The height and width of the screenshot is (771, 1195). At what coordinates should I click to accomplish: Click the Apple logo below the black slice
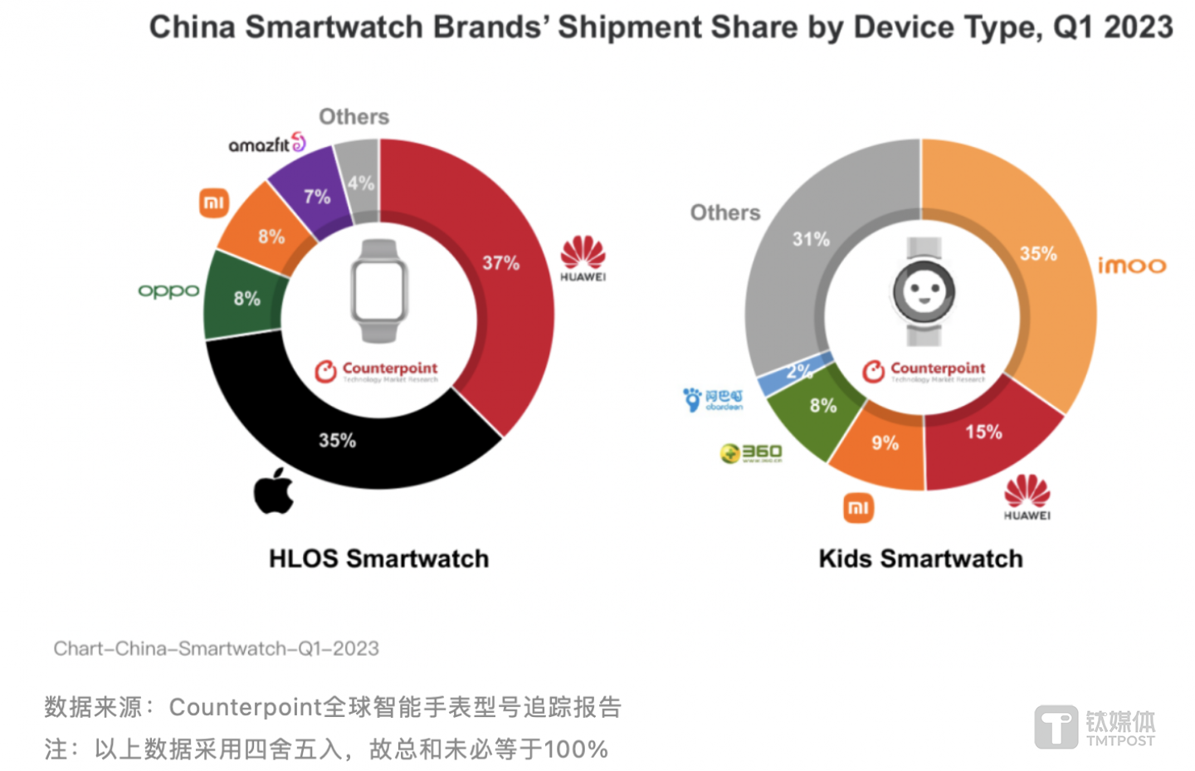pyautogui.click(x=274, y=490)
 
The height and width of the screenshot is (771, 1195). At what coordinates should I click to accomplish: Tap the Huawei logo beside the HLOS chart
pyautogui.click(x=583, y=258)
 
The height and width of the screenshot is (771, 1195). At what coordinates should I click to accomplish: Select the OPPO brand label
pyautogui.click(x=168, y=290)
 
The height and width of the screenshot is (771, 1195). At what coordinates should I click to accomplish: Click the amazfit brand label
pyautogui.click(x=266, y=144)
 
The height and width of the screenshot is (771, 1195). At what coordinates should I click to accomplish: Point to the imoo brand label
pyautogui.click(x=1132, y=266)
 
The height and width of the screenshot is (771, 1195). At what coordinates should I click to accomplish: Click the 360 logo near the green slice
pyautogui.click(x=751, y=452)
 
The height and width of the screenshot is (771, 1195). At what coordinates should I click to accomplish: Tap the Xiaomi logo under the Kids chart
pyautogui.click(x=858, y=508)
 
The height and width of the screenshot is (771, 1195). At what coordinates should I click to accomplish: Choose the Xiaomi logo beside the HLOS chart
pyautogui.click(x=214, y=203)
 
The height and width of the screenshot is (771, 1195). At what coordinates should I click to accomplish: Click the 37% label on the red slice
pyautogui.click(x=500, y=263)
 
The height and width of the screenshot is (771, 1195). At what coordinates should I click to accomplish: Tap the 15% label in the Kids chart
pyautogui.click(x=983, y=432)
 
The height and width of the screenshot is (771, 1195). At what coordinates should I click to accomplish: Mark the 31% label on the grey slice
pyautogui.click(x=811, y=239)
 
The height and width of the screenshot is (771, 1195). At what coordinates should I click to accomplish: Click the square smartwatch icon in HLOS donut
pyautogui.click(x=378, y=290)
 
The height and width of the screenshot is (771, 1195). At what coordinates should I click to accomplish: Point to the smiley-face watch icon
pyautogui.click(x=924, y=291)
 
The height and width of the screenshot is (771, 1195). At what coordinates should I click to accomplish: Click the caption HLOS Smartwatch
pyautogui.click(x=378, y=559)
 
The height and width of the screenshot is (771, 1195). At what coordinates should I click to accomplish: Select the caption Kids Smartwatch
pyautogui.click(x=920, y=559)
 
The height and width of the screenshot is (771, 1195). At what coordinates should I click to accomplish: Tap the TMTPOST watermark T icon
pyautogui.click(x=1056, y=727)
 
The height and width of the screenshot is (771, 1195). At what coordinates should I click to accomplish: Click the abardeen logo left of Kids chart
pyautogui.click(x=713, y=399)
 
